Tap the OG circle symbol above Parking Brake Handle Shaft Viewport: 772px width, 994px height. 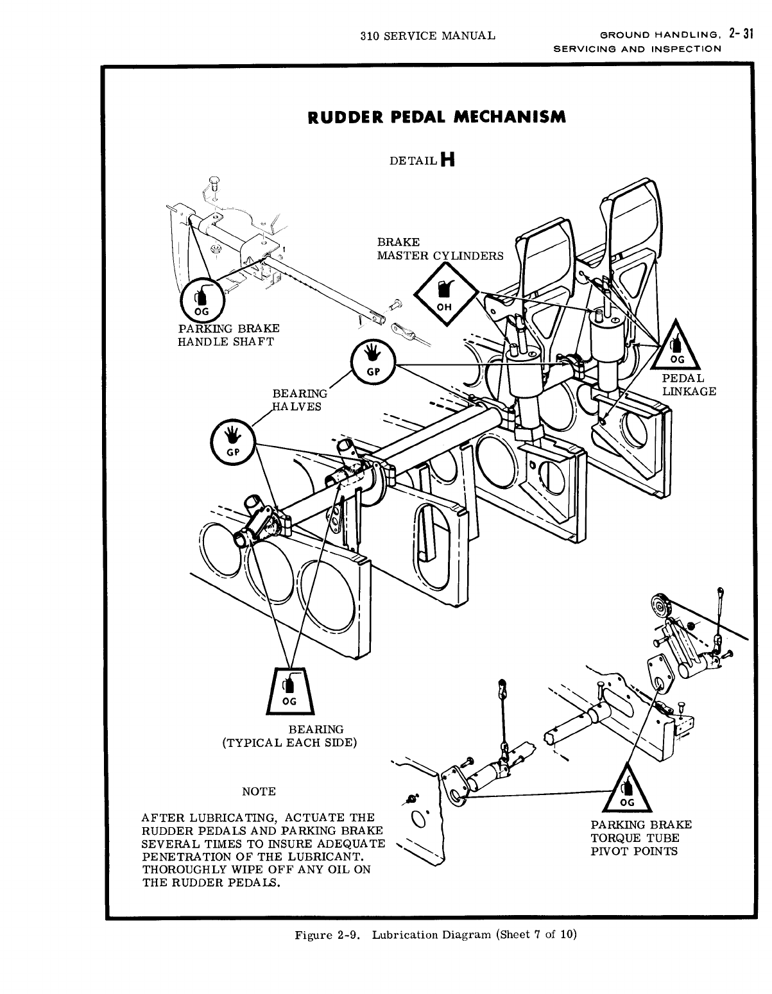pos(201,300)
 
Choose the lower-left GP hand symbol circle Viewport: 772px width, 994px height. pos(233,441)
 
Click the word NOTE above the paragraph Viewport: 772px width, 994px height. pos(258,791)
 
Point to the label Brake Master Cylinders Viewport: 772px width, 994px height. pos(440,249)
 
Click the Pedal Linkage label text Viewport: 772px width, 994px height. pos(689,384)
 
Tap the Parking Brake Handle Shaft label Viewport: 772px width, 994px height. pos(228,334)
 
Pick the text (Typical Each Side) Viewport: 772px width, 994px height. pos(289,742)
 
